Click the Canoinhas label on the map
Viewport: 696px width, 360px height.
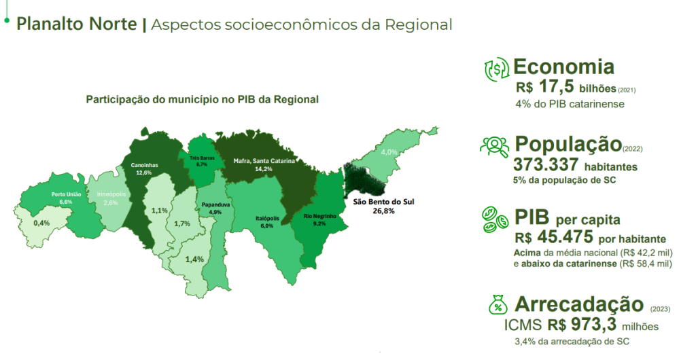pos(144,165)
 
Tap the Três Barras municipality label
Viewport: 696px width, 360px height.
pos(202,158)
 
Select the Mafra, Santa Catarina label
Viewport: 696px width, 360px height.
pos(264,161)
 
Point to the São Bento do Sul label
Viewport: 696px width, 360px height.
pos(383,202)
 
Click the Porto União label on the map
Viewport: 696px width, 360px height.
pos(66,195)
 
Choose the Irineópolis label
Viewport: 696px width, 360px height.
pos(111,194)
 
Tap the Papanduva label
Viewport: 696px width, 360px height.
pos(215,205)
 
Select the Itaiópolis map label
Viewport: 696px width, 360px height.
pos(268,219)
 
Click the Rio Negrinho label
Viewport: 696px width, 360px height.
pos(320,217)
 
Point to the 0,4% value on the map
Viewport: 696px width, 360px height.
pos(41,223)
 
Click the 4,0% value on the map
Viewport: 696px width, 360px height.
pos(389,152)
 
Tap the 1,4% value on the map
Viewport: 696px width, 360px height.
pos(194,259)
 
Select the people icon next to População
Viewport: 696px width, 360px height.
pos(495,146)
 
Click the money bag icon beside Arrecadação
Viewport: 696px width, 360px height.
pos(498,305)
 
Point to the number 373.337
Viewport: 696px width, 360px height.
pos(546,164)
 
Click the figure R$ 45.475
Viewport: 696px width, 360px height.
pos(554,237)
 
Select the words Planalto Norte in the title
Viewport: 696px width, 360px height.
pos(76,24)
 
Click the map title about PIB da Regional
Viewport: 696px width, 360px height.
pos(203,99)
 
